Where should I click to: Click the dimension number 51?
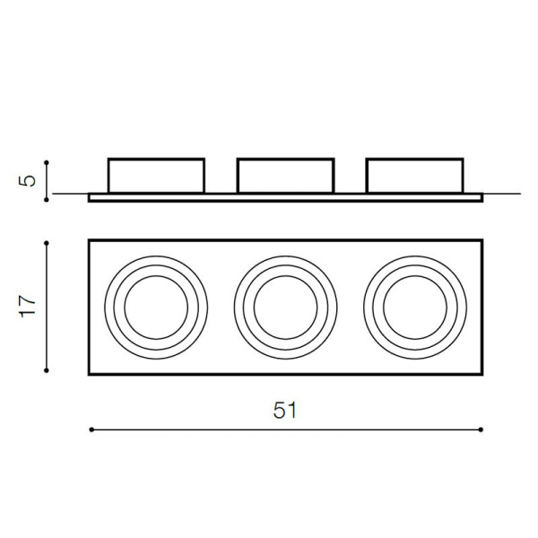point(285,410)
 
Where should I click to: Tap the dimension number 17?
point(28,307)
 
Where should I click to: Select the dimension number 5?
point(27,181)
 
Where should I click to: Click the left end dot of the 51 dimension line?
point(91,430)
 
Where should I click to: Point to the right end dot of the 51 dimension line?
point(481,430)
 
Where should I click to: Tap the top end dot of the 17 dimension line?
point(47,243)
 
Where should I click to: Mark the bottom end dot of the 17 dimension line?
point(47,370)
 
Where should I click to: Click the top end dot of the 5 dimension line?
point(47,162)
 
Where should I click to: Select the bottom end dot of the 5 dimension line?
point(47,200)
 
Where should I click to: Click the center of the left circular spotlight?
point(156,308)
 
